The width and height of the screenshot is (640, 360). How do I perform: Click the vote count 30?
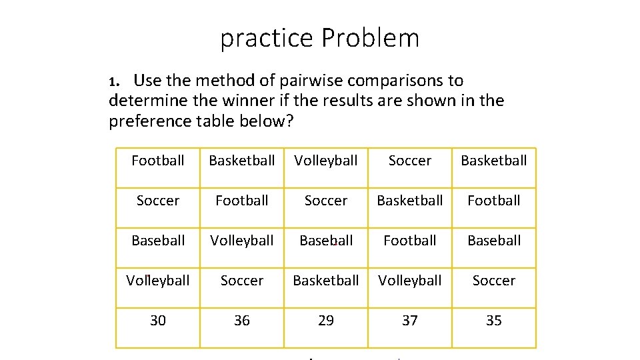pyautogui.click(x=158, y=321)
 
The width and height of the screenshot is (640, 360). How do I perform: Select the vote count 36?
pyautogui.click(x=242, y=321)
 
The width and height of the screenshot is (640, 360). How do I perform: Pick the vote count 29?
pyautogui.click(x=326, y=321)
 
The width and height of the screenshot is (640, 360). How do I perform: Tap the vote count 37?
pyautogui.click(x=410, y=321)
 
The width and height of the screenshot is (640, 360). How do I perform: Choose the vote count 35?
pyautogui.click(x=494, y=321)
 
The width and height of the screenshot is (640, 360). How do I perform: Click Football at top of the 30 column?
pyautogui.click(x=158, y=161)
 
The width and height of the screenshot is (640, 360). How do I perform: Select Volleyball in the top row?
pyautogui.click(x=326, y=161)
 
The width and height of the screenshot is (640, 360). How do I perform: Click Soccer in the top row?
pyautogui.click(x=410, y=161)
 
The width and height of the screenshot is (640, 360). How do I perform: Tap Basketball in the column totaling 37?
pyautogui.click(x=410, y=201)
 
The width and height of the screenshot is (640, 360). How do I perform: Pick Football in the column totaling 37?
pyautogui.click(x=410, y=241)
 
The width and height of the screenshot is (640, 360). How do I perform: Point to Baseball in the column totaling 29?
pyautogui.click(x=326, y=241)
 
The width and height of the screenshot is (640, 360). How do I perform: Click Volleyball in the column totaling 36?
pyautogui.click(x=242, y=241)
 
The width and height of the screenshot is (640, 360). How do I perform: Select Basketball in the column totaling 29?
pyautogui.click(x=326, y=281)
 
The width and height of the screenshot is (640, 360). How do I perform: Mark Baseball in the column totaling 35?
pyautogui.click(x=494, y=241)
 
